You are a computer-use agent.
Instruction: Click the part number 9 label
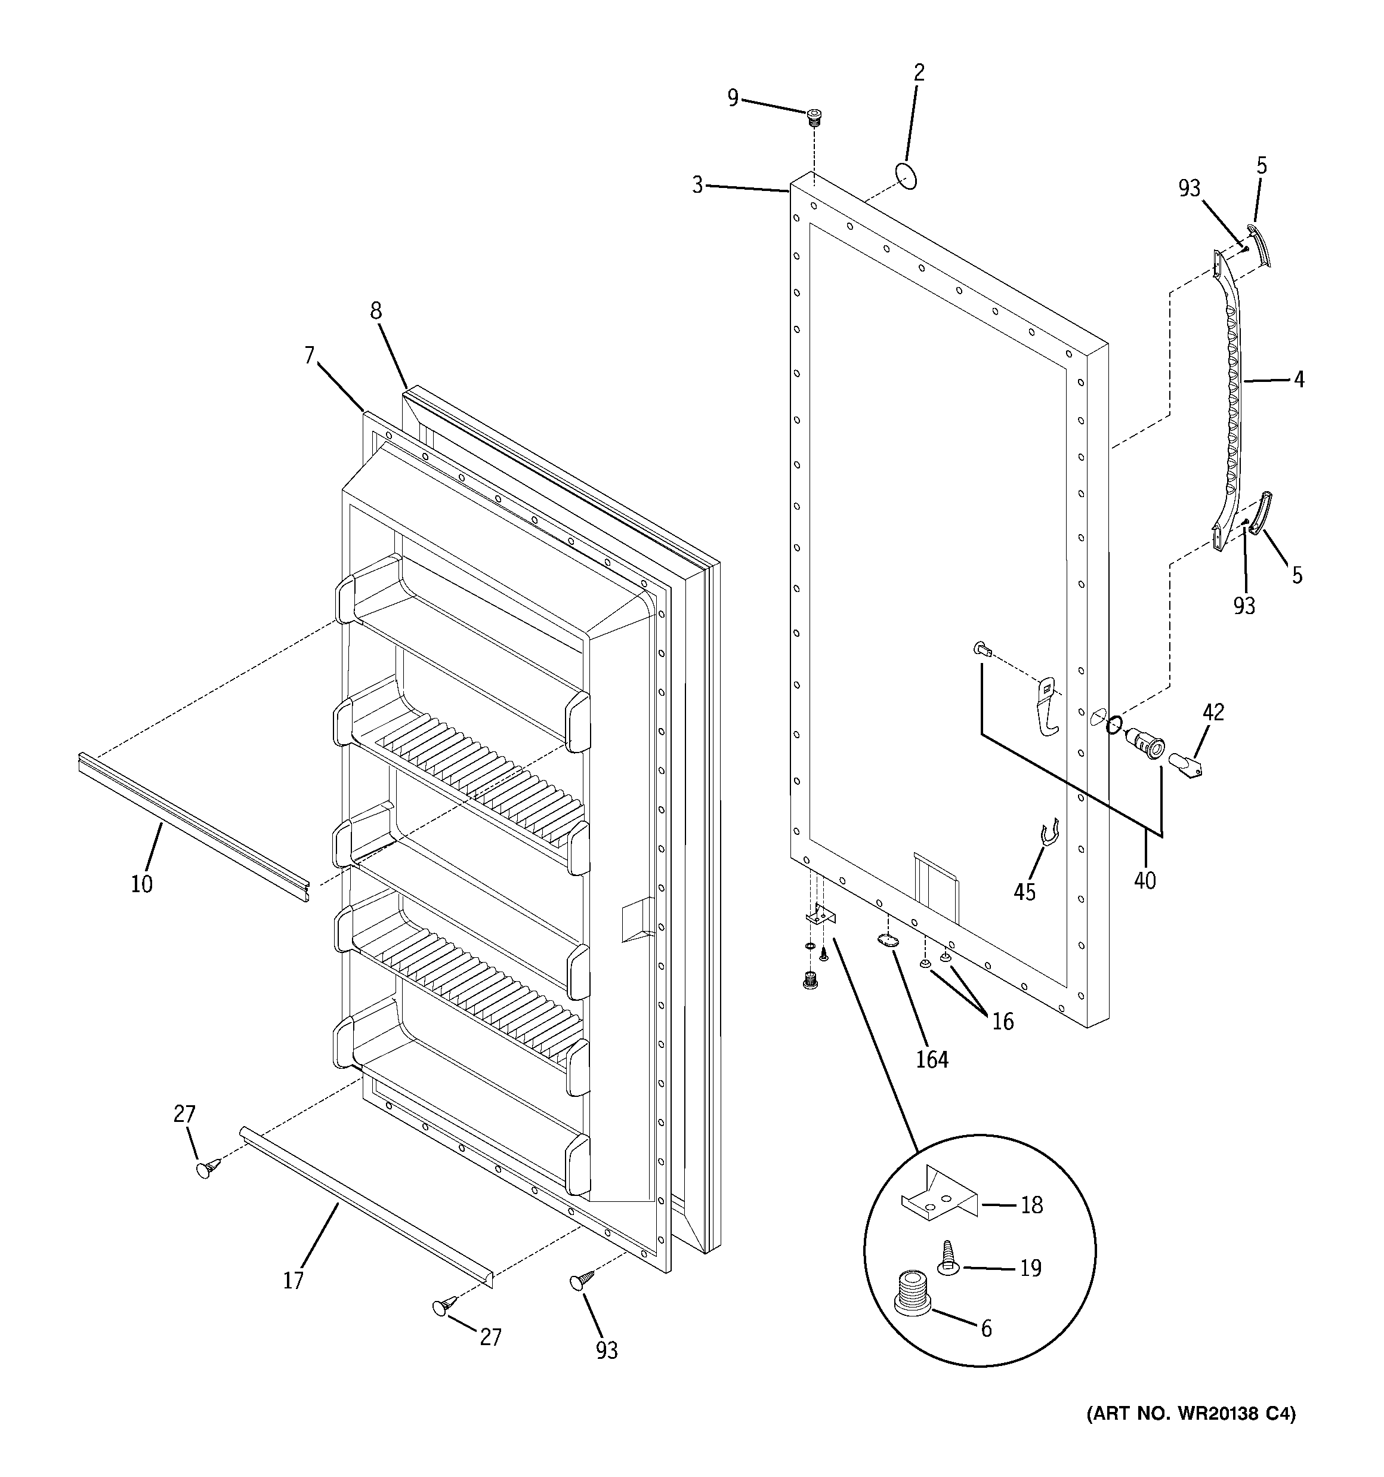733,98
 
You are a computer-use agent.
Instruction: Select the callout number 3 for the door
697,185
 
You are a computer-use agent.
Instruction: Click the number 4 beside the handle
1298,380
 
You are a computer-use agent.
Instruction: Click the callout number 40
1145,880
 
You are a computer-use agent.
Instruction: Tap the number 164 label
932,1059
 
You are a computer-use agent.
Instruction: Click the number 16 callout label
1002,1022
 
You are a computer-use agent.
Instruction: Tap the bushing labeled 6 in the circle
912,1313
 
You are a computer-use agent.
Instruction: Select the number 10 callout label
141,883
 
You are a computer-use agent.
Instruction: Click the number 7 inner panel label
310,356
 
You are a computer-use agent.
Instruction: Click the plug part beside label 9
815,118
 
